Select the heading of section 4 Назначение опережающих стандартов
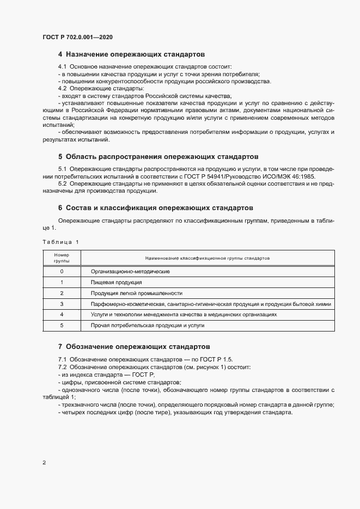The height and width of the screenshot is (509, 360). pyautogui.click(x=131, y=55)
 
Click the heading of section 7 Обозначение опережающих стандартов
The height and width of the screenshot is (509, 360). pyautogui.click(x=133, y=346)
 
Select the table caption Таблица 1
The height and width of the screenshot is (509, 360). pyautogui.click(x=60, y=242)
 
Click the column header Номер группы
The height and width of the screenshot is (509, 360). pyautogui.click(x=62, y=257)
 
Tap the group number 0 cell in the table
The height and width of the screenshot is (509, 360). pyautogui.click(x=62, y=271)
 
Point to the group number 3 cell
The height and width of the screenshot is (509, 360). pyautogui.click(x=62, y=304)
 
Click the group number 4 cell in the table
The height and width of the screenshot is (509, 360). pyautogui.click(x=62, y=315)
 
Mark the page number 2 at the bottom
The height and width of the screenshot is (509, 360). pyautogui.click(x=44, y=463)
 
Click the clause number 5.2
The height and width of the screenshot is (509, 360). pyautogui.click(x=63, y=184)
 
